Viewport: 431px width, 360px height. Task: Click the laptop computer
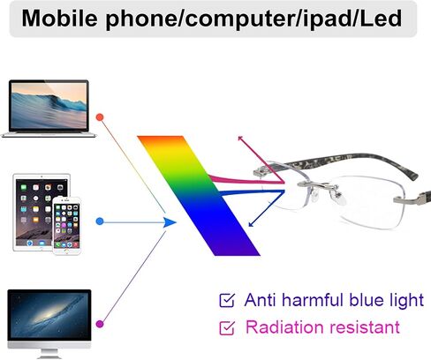coord(49,109)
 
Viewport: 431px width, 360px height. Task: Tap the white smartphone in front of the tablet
coord(66,226)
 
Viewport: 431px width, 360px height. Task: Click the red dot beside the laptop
coord(100,117)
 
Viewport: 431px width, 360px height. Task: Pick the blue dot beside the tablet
coord(100,221)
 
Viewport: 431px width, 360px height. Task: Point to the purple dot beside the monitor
coord(100,324)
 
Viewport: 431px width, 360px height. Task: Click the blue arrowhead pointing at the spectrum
coord(170,222)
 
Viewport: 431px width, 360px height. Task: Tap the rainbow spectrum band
coord(199,196)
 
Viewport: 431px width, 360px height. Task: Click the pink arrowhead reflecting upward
coord(240,139)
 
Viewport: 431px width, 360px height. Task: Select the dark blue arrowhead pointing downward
coord(251,224)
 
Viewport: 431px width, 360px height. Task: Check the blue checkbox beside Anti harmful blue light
coord(227,300)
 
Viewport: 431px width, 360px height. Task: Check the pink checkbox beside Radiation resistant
coord(227,327)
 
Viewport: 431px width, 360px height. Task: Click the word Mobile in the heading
coord(59,18)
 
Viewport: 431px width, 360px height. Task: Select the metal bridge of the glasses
coord(317,185)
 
